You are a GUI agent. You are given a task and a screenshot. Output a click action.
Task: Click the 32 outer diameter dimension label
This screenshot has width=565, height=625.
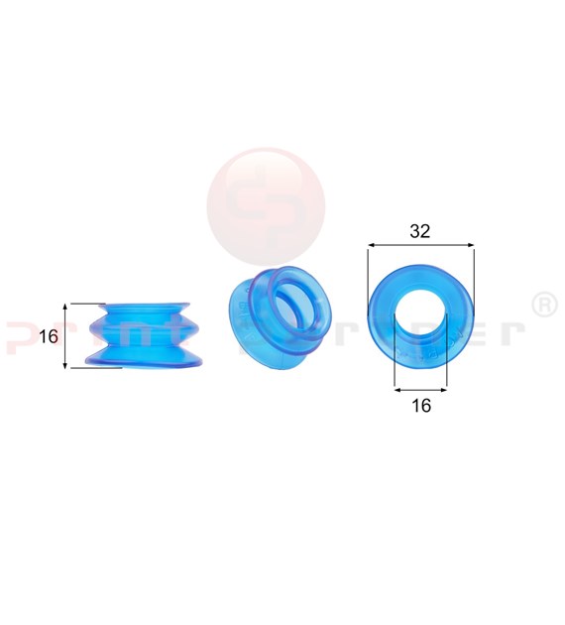click(x=419, y=231)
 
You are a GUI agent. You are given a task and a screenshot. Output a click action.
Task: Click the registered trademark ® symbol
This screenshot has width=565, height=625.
click(x=544, y=305)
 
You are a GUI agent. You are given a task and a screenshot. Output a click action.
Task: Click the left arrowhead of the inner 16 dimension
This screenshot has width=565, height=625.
click(x=397, y=386)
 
